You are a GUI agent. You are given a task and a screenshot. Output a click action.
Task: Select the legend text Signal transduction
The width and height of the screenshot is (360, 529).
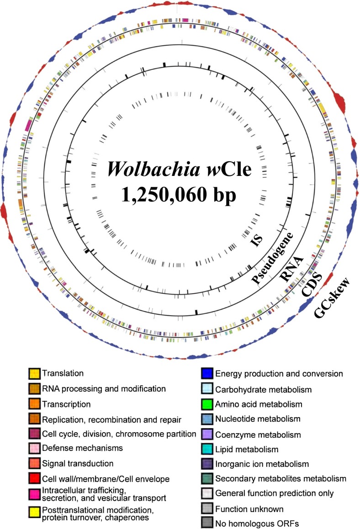(x=78, y=463)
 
